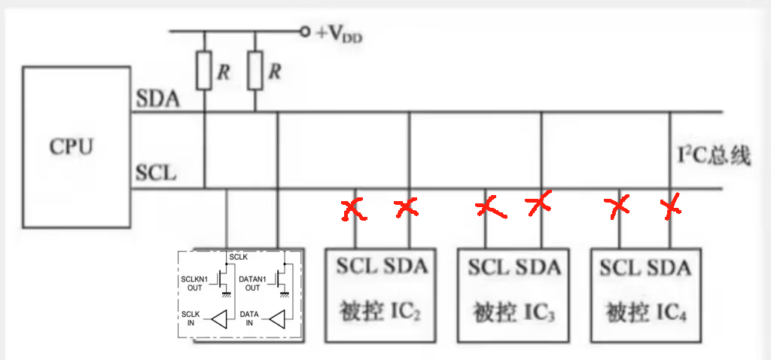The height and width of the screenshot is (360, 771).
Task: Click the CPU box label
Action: coord(72,145)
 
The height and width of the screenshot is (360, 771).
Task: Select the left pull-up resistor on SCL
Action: coord(204,71)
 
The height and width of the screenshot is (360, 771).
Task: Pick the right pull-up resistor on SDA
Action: coord(255,71)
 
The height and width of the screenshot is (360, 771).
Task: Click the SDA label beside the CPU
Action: coord(157,99)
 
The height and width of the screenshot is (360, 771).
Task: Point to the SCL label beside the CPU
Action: coord(156,173)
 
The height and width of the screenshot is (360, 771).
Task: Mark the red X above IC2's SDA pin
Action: coord(407,206)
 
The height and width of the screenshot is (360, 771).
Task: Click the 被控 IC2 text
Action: coord(381,311)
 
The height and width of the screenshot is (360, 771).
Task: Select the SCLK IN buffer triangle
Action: coord(219,319)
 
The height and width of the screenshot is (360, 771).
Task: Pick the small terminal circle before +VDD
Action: coord(305,32)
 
